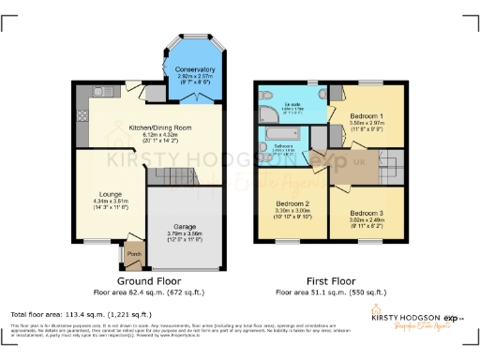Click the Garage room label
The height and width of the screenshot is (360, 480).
[x=183, y=225]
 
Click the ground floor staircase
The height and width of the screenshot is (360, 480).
[x=172, y=175]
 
